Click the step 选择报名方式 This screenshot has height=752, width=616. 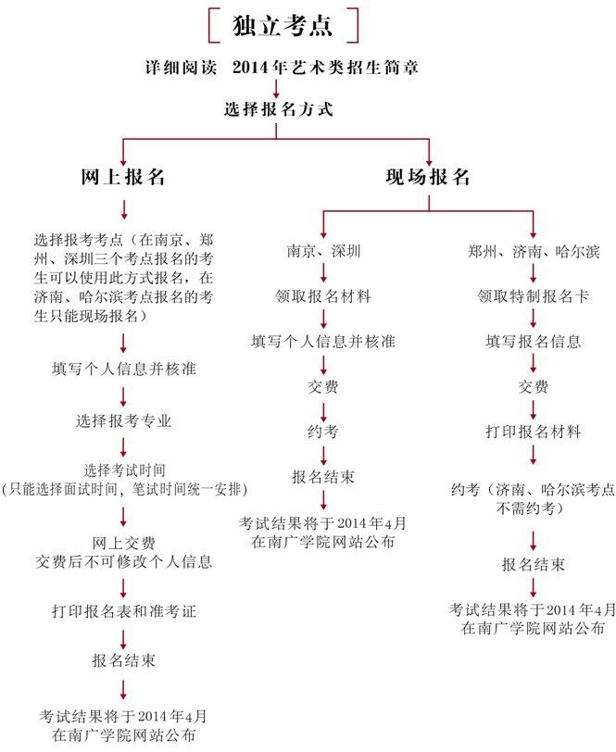coord(277,108)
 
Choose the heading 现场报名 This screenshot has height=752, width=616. coord(428,177)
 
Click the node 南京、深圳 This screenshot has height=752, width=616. coord(323,251)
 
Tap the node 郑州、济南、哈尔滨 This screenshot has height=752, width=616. coord(534,251)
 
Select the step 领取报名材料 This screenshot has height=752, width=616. coord(323,296)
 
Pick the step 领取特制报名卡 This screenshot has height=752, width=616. coord(534,296)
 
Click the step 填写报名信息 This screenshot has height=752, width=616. coord(534,341)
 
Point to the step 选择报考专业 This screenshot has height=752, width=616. coord(124,420)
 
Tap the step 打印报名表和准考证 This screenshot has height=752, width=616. coord(124,612)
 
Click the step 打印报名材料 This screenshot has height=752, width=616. coord(534,432)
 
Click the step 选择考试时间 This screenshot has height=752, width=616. coord(124,468)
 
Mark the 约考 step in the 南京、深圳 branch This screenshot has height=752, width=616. coord(323,432)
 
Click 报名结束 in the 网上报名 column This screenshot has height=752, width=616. coord(124,660)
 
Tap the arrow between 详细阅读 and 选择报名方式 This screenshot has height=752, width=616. coord(277,89)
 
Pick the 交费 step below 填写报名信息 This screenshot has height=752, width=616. coord(534,386)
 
